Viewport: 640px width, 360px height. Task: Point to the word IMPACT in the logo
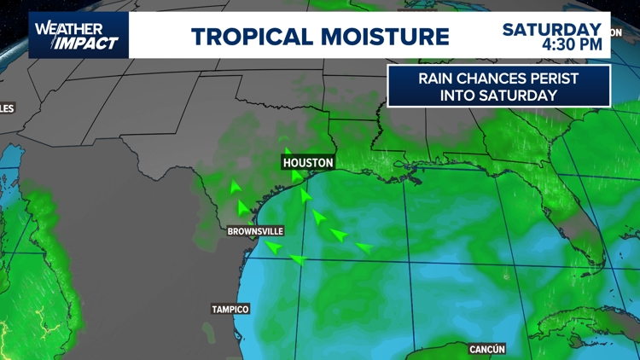(88, 43)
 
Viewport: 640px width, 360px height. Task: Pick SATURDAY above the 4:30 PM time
(551, 29)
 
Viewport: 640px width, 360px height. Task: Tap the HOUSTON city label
(308, 162)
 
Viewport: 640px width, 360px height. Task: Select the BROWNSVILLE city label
(255, 231)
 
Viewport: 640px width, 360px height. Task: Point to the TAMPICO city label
(230, 309)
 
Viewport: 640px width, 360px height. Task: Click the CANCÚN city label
(487, 349)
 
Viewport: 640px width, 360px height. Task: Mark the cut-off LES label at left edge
(7, 108)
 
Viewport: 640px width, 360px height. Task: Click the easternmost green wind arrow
(364, 247)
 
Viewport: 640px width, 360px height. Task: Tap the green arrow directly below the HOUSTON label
(296, 177)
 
